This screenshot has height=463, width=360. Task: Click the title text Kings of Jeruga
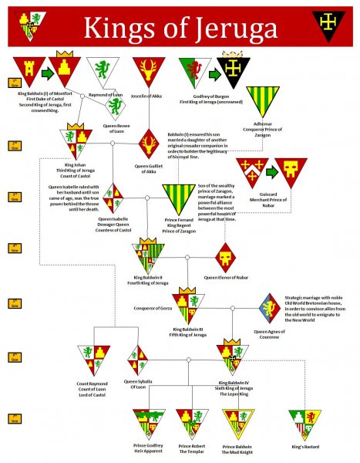(x=180, y=28)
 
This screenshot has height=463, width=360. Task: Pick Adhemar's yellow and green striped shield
(x=262, y=100)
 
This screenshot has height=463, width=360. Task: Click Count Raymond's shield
(x=93, y=360)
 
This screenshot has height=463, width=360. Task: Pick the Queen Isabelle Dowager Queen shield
(x=113, y=198)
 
